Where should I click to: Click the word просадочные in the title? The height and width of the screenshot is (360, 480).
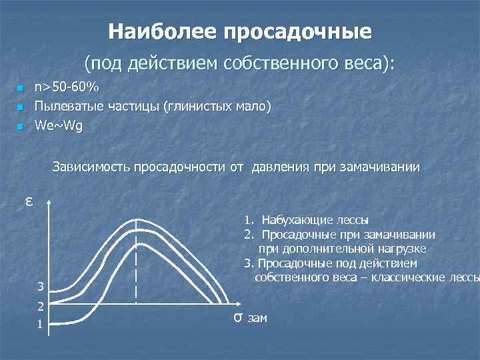(298, 31)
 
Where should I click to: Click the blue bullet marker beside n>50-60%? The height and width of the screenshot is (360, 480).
(20, 88)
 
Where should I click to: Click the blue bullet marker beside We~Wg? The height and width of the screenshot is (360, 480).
(20, 127)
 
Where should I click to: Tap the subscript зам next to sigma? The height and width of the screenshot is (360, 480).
(257, 319)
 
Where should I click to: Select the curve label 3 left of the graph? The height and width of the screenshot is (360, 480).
(41, 287)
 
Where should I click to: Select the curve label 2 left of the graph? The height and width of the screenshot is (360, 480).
(41, 307)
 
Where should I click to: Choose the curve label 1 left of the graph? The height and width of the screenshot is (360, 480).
(41, 325)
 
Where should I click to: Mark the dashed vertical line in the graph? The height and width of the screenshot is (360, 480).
(137, 267)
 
